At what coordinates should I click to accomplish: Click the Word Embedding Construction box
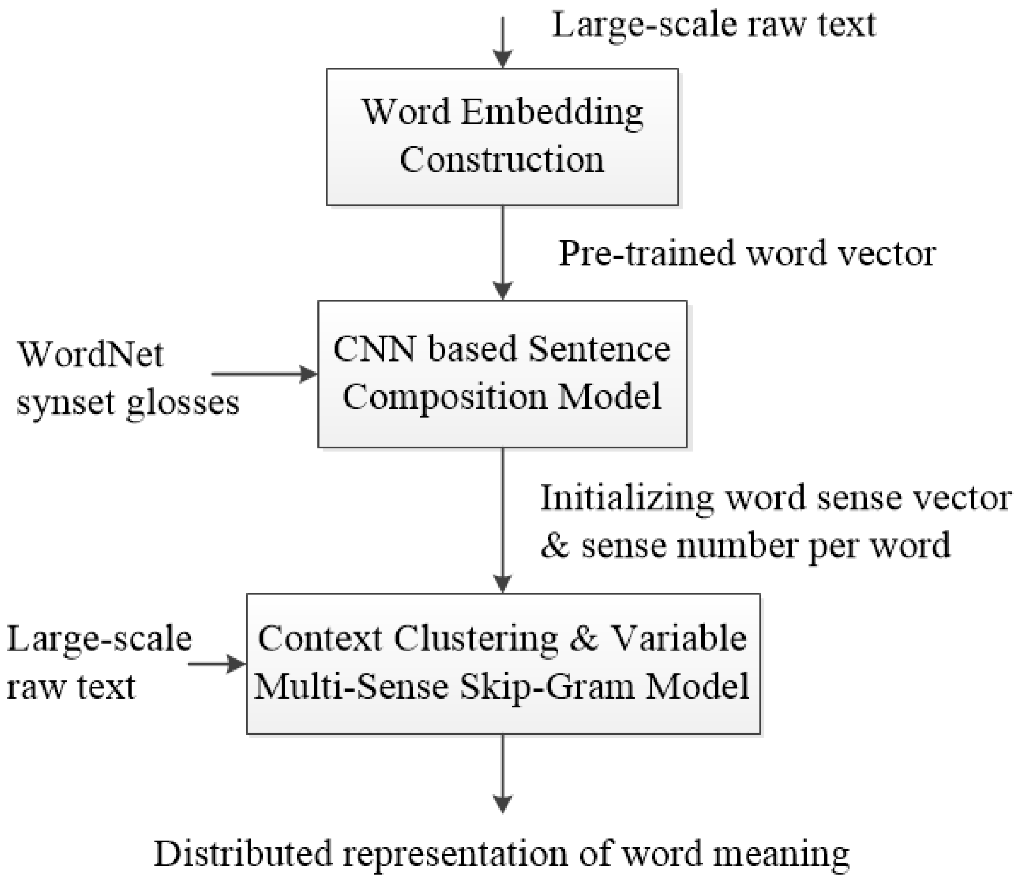point(502,136)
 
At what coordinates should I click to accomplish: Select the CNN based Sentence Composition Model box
point(502,374)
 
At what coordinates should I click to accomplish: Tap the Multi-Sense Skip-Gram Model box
point(503,663)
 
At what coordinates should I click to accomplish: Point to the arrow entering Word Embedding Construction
point(503,42)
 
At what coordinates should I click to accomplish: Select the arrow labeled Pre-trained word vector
point(503,252)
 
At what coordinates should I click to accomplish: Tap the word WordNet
point(91,354)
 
